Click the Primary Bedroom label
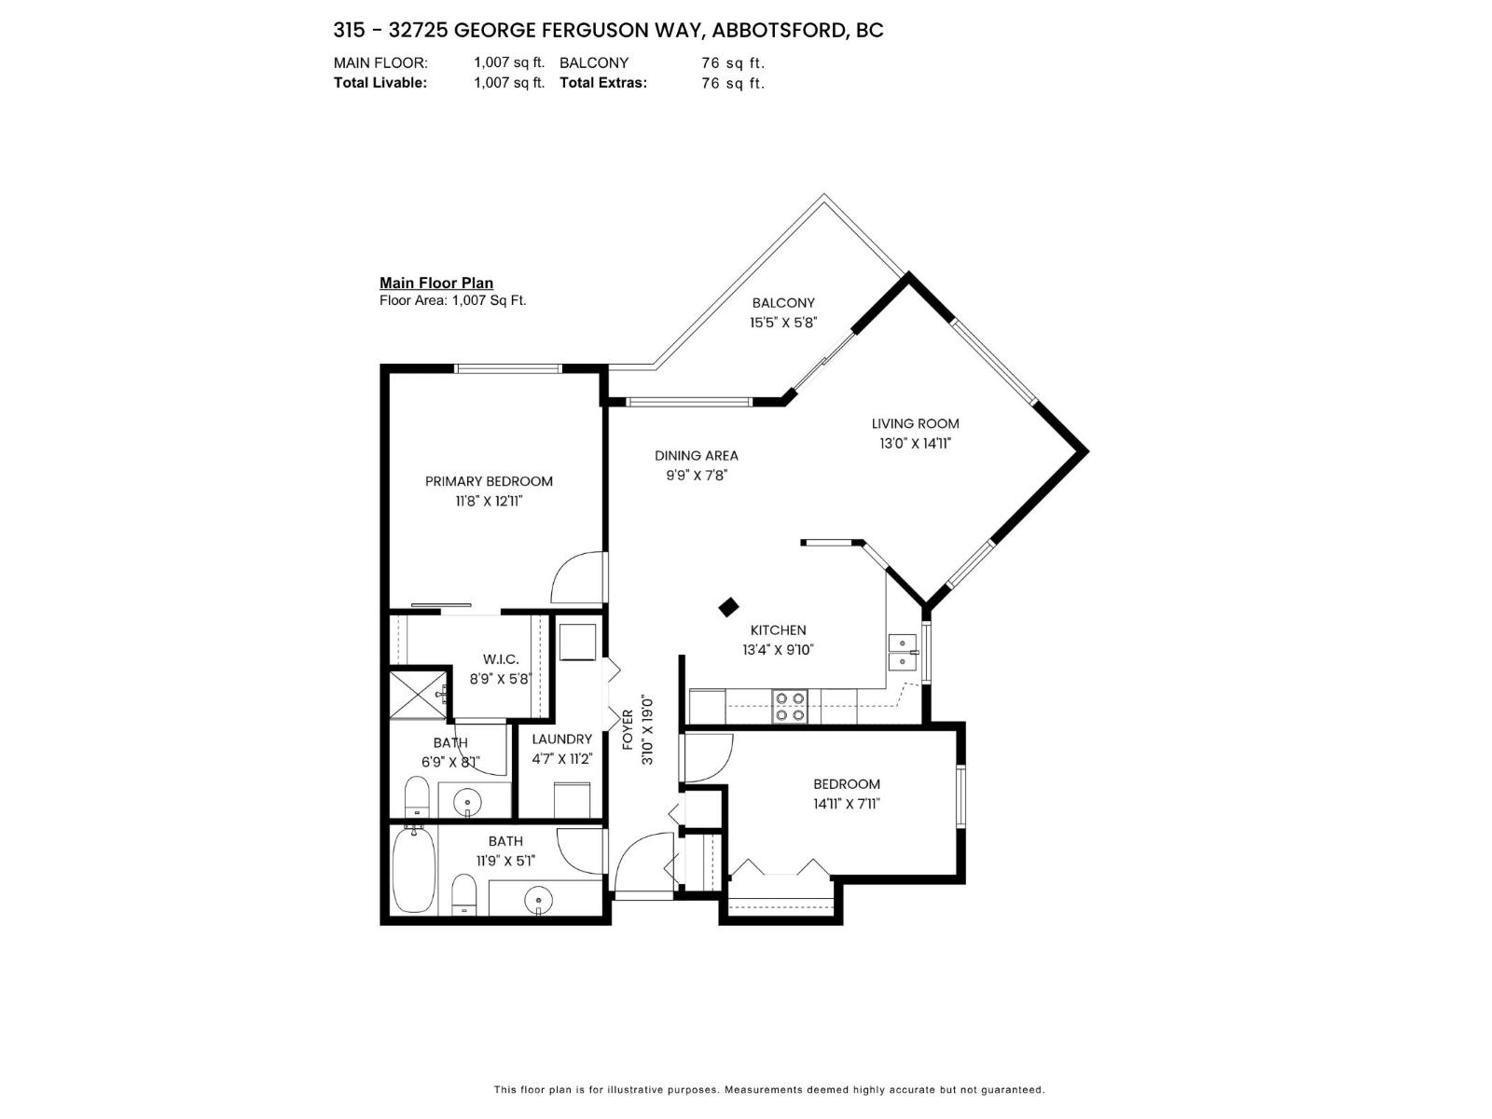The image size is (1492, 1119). (x=489, y=481)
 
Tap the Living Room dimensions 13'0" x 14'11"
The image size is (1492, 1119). (x=915, y=444)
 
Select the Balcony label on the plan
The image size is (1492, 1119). (x=783, y=303)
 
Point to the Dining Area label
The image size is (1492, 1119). (x=696, y=455)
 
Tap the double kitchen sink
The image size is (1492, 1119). (x=902, y=652)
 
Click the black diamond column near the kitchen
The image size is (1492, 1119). (x=729, y=607)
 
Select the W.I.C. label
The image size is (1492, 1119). (x=501, y=659)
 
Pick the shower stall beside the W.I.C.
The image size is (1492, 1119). (x=419, y=695)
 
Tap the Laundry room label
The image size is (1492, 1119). (x=561, y=739)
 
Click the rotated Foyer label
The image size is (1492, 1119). (x=628, y=730)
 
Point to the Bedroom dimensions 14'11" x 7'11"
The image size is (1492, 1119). (x=846, y=804)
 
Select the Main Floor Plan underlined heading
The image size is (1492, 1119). (x=435, y=283)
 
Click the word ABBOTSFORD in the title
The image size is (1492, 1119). (x=779, y=30)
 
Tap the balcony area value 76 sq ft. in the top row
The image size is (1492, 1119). (x=732, y=62)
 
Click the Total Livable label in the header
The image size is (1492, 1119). (x=380, y=82)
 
